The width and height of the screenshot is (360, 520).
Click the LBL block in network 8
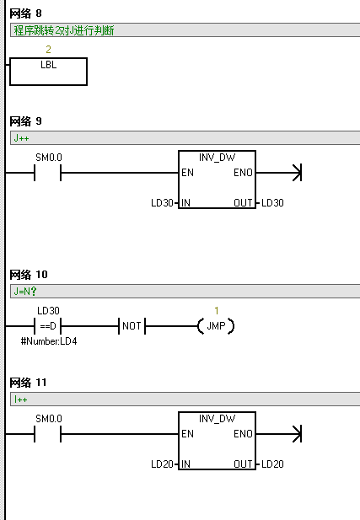pos(48,72)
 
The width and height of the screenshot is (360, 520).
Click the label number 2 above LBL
pos(48,50)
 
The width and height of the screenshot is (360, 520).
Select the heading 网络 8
pos(25,13)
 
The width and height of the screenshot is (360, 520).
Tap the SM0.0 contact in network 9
pos(48,173)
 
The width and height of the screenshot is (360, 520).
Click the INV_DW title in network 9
pos(217,158)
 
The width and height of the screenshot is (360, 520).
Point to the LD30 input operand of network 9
pos(162,202)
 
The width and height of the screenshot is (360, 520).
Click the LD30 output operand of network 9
pos(272,202)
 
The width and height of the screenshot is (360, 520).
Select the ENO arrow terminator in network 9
pos(298,173)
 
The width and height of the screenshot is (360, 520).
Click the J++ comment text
pos(21,138)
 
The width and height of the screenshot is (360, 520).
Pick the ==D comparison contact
pos(48,326)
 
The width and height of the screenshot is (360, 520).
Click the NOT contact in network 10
pos(132,326)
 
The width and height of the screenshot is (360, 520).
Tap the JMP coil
pos(216,326)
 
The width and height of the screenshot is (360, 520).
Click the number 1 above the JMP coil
pos(217,311)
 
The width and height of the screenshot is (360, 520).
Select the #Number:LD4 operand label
pos(49,341)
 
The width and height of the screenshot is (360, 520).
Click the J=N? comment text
pos(25,292)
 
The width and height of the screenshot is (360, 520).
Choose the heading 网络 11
pos(28,383)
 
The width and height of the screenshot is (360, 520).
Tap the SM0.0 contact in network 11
pos(48,434)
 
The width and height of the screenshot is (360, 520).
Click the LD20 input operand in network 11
pos(162,464)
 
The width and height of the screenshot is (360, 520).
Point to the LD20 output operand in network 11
pos(272,464)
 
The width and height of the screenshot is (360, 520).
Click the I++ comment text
pos(20,399)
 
